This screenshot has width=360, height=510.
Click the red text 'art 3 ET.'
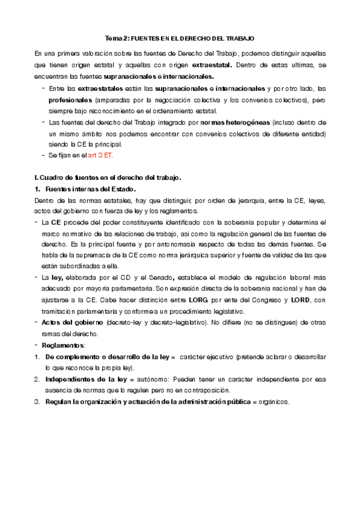click(100, 155)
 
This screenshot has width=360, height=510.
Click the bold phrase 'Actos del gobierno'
click(70, 322)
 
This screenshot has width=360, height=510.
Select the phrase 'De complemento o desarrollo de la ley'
click(107, 357)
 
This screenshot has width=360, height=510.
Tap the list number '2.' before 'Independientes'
click(37, 379)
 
